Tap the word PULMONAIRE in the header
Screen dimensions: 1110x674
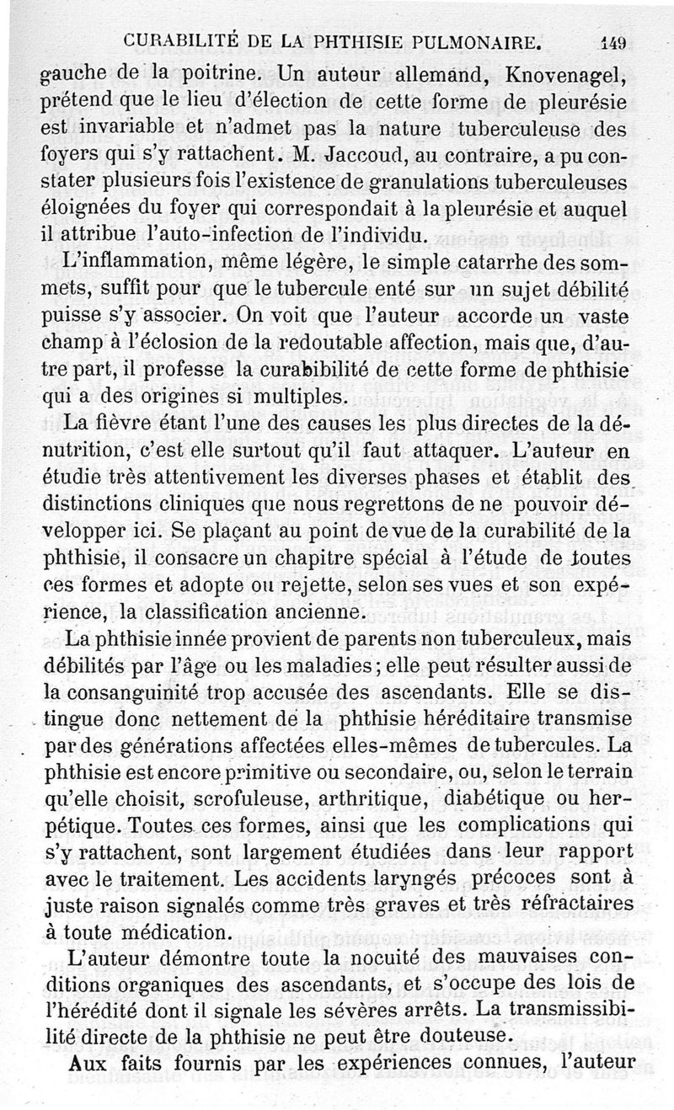point(481,40)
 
